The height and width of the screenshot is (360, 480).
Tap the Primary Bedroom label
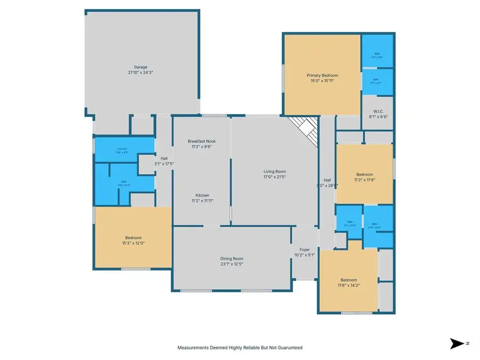coord(322,75)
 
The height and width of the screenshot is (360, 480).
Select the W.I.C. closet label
coord(379,111)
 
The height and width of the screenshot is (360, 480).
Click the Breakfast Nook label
coord(202,141)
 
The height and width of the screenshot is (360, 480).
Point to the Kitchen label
coord(202,195)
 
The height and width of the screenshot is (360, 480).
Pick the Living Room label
coord(275,171)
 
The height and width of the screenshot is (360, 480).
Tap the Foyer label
coord(305,249)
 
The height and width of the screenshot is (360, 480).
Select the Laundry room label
coord(123,149)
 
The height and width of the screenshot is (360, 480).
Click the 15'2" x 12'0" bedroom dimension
coord(133,243)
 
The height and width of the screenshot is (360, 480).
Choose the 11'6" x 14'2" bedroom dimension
coord(349,285)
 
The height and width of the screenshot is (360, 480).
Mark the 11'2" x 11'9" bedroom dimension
coord(364,180)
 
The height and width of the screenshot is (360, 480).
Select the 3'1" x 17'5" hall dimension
coord(164,164)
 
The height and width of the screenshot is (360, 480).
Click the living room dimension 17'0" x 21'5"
coord(275,177)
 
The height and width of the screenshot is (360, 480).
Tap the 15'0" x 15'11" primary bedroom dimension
coord(322,81)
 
